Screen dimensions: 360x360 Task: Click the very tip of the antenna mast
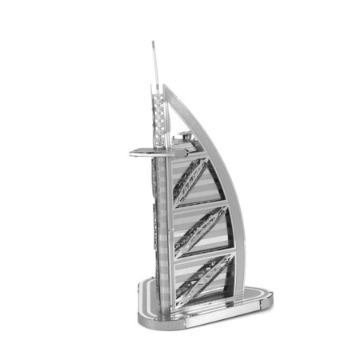pos(152,42)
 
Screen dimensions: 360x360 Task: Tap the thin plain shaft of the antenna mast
pos(153,64)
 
